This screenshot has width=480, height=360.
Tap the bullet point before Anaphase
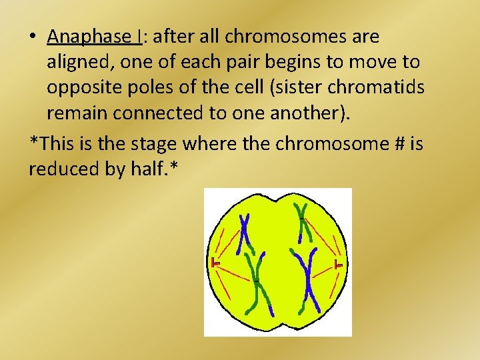[33, 37]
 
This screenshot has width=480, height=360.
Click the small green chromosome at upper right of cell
[303, 223]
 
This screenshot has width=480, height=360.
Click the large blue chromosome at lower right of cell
[308, 280]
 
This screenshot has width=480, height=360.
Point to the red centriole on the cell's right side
[339, 265]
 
